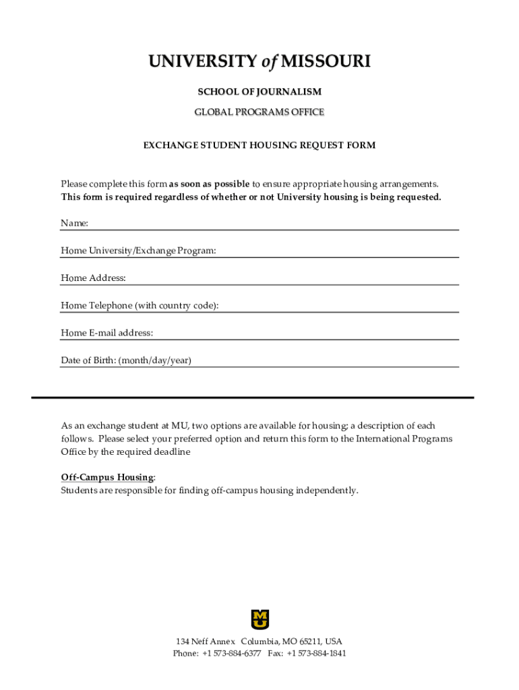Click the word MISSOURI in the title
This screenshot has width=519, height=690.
point(326,62)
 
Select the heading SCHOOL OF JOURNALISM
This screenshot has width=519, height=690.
point(259,92)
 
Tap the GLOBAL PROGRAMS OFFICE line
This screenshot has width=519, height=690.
point(259,112)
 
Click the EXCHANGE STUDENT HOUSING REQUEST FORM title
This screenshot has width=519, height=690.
point(259,145)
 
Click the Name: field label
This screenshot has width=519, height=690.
point(75,223)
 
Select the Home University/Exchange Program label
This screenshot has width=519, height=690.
point(138,251)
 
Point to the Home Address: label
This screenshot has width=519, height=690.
point(93,278)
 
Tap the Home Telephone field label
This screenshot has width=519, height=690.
point(140,305)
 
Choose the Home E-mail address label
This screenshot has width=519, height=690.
point(106,333)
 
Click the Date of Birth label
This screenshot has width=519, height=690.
point(126,360)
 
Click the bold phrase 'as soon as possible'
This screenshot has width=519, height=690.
point(209,184)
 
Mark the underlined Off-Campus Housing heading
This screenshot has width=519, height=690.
point(107,477)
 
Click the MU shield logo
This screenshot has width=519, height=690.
point(259,619)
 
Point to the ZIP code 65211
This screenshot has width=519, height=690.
point(308,641)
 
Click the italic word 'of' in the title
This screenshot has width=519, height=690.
point(270,62)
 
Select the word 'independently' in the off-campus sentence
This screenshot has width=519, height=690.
point(328,491)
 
